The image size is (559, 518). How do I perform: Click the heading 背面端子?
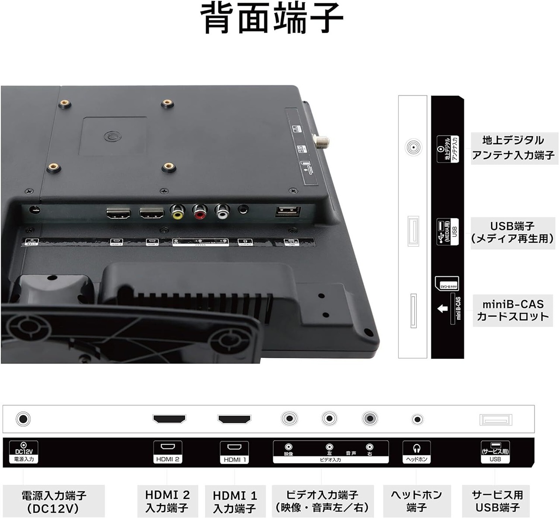coord(272,18)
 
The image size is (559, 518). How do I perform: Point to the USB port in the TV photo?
coord(288,211)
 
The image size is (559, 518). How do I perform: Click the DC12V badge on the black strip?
coord(24,452)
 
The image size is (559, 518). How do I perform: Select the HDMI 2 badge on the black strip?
coord(168,452)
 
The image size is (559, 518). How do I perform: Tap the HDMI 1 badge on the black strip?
coord(235,452)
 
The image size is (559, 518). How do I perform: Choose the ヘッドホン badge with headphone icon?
coord(417,452)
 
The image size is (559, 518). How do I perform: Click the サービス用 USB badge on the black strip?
coord(495,452)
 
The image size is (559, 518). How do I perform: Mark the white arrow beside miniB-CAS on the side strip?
coord(442,309)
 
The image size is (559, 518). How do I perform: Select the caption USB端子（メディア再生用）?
coord(512,233)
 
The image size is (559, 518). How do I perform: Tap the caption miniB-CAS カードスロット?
coord(513,310)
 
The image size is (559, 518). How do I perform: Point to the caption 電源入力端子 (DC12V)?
coord(54,502)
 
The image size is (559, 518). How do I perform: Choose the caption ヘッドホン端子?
coord(416,501)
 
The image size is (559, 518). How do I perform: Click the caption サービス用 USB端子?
coord(497,501)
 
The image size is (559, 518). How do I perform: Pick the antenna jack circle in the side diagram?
coord(413,147)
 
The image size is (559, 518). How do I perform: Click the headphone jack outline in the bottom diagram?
coord(418,420)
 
